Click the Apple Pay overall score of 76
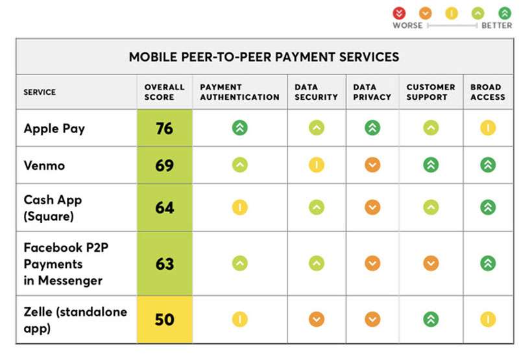click(x=164, y=128)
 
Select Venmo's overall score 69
click(x=164, y=165)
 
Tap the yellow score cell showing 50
click(x=164, y=320)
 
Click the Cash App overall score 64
click(x=164, y=208)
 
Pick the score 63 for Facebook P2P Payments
click(x=164, y=263)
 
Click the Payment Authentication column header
click(x=239, y=92)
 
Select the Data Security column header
click(x=316, y=92)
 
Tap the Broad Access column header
click(x=488, y=92)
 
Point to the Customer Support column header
click(x=430, y=92)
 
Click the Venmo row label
click(x=44, y=165)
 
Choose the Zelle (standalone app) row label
click(x=75, y=320)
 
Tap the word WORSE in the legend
click(x=407, y=25)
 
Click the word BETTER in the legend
click(x=496, y=25)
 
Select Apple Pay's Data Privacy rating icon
click(x=372, y=128)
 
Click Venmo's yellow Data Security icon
click(x=316, y=165)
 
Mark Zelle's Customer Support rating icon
click(x=430, y=319)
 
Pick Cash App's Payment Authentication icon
click(x=239, y=208)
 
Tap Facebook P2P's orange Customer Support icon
click(x=430, y=263)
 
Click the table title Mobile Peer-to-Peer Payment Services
click(x=264, y=56)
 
